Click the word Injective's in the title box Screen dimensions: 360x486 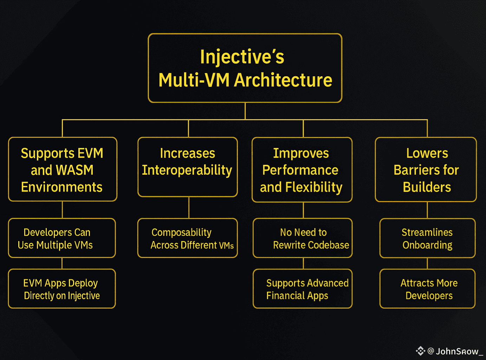(x=242, y=57)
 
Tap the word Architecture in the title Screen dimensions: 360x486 (x=283, y=80)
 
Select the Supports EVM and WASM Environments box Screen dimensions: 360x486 (x=63, y=169)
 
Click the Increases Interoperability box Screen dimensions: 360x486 (x=188, y=167)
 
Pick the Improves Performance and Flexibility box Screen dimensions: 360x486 (x=302, y=170)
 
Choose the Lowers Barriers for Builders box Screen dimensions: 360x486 (x=426, y=170)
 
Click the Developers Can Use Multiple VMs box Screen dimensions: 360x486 (x=62, y=238)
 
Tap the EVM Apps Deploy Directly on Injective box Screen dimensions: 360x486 (x=62, y=289)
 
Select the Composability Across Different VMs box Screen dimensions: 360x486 (x=188, y=238)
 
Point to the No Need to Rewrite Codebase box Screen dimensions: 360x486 (x=303, y=238)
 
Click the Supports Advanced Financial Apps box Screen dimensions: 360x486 (x=303, y=289)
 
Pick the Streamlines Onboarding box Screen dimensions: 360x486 (x=427, y=238)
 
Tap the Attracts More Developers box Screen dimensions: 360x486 (x=427, y=289)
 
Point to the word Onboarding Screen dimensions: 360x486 (x=427, y=245)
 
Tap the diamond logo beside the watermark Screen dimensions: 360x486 (x=420, y=351)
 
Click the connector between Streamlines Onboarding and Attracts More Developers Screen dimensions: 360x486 (x=427, y=263)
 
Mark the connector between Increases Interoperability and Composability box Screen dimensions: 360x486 (x=189, y=208)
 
